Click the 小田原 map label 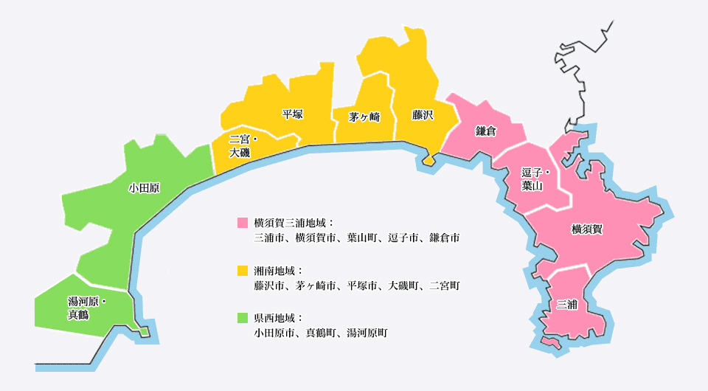pyautogui.click(x=144, y=188)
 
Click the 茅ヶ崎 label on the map pyautogui.click(x=364, y=117)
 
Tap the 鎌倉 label pyautogui.click(x=486, y=131)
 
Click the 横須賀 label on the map pyautogui.click(x=587, y=229)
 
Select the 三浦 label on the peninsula pyautogui.click(x=567, y=304)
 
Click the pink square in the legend pyautogui.click(x=243, y=222)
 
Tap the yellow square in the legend pyautogui.click(x=243, y=270)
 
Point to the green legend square pyautogui.click(x=243, y=318)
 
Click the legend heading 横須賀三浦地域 pyautogui.click(x=293, y=222)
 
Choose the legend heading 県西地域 pyautogui.click(x=278, y=318)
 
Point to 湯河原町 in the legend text pyautogui.click(x=367, y=333)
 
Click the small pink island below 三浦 pyautogui.click(x=550, y=343)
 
